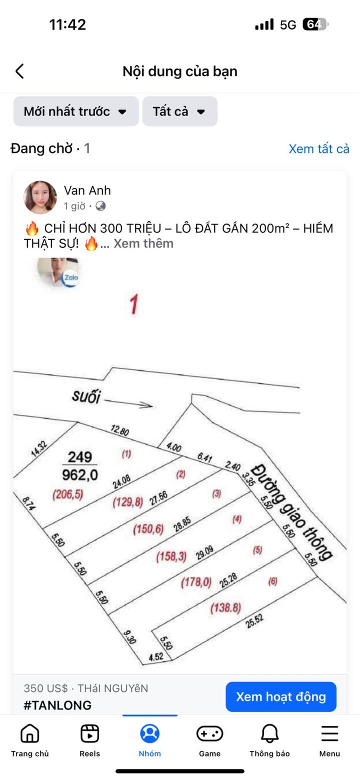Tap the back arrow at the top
[x=20, y=71]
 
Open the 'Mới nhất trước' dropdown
[x=75, y=111]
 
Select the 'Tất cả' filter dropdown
[x=179, y=111]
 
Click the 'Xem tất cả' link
[x=318, y=148]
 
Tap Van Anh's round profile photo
[x=40, y=197]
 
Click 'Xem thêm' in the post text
[x=143, y=243]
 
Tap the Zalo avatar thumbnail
[x=59, y=273]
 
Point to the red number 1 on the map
[x=133, y=304]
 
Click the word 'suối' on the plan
[x=86, y=396]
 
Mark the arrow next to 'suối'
[x=128, y=403]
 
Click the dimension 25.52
[x=254, y=620]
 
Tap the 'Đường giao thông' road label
[x=292, y=511]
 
